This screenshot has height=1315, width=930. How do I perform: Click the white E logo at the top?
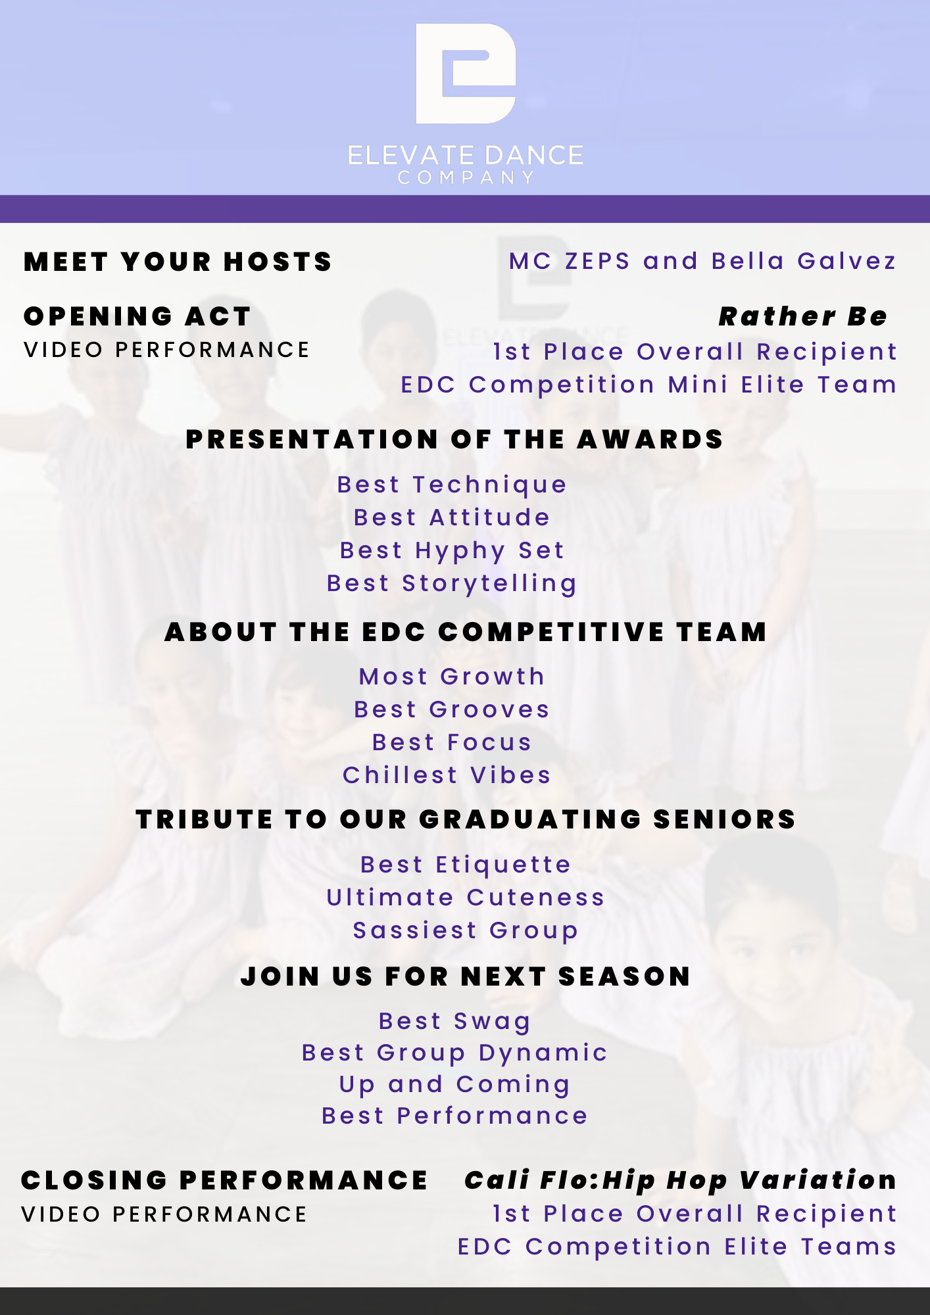pyautogui.click(x=465, y=74)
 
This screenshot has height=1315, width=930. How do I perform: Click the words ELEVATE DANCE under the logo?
pyautogui.click(x=465, y=156)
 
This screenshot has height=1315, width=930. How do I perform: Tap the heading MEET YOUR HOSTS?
pyautogui.click(x=178, y=262)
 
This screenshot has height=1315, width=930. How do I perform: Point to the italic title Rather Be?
pyautogui.click(x=802, y=316)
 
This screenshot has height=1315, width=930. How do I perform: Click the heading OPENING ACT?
pyautogui.click(x=137, y=316)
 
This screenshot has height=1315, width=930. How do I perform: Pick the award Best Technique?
pyautogui.click(x=452, y=485)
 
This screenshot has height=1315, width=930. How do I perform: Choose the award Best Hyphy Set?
pyautogui.click(x=452, y=550)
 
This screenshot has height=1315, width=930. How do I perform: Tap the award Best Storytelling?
pyautogui.click(x=452, y=583)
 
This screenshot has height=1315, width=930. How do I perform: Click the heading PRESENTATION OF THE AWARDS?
pyautogui.click(x=454, y=439)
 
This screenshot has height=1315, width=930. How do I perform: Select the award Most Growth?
pyautogui.click(x=452, y=677)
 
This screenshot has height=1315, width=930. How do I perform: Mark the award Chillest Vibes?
pyautogui.click(x=447, y=775)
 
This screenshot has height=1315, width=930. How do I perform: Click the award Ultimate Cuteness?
pyautogui.click(x=465, y=897)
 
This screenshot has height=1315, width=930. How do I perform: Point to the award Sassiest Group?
pyautogui.click(x=465, y=930)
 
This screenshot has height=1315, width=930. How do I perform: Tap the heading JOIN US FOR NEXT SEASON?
pyautogui.click(x=465, y=976)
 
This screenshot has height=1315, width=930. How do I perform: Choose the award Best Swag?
pyautogui.click(x=454, y=1021)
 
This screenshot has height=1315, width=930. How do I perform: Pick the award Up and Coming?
pyautogui.click(x=454, y=1084)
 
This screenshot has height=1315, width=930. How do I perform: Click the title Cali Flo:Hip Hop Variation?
pyautogui.click(x=680, y=1180)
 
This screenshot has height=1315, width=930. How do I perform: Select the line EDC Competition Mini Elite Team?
pyautogui.click(x=649, y=385)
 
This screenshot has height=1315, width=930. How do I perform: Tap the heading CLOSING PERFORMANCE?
pyautogui.click(x=224, y=1180)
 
